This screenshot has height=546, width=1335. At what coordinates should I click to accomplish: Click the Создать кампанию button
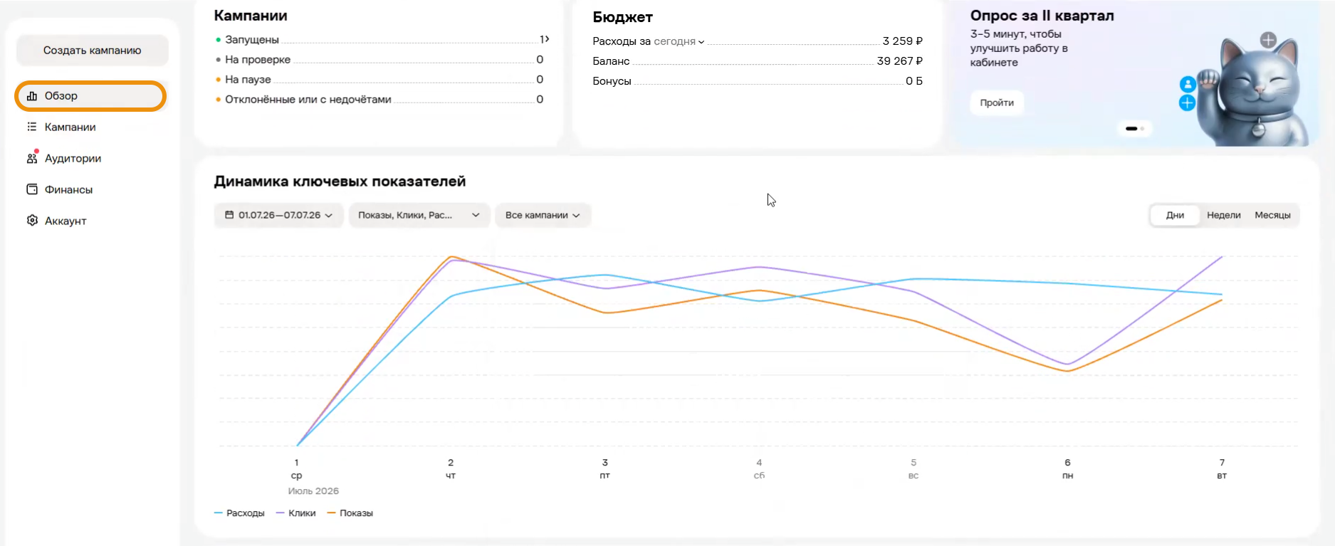(93, 51)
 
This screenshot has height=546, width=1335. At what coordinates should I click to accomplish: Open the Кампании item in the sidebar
(70, 127)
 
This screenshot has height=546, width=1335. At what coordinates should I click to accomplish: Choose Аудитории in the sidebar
(73, 159)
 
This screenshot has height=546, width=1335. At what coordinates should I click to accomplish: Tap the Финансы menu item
(68, 190)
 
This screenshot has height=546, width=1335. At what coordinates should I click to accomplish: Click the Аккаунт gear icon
(32, 221)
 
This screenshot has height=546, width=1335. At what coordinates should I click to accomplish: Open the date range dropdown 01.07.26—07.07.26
(279, 216)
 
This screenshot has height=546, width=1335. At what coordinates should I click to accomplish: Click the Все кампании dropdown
(543, 216)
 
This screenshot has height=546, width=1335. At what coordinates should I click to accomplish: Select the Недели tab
(1224, 216)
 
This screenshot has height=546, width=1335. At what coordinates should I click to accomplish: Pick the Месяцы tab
(1272, 216)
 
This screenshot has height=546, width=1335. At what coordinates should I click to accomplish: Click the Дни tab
(1176, 216)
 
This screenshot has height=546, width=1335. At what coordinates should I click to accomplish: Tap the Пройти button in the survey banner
(997, 103)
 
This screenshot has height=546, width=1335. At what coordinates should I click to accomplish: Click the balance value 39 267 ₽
(900, 61)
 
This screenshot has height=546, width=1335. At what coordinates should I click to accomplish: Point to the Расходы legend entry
(239, 513)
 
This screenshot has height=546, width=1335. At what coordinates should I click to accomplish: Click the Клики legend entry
(296, 513)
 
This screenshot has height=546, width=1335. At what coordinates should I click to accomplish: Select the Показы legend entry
(350, 513)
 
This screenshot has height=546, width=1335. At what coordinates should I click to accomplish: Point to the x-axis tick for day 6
(1067, 463)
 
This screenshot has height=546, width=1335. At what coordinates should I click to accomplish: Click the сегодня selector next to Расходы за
(679, 41)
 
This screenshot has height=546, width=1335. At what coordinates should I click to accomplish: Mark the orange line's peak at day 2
(451, 256)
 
